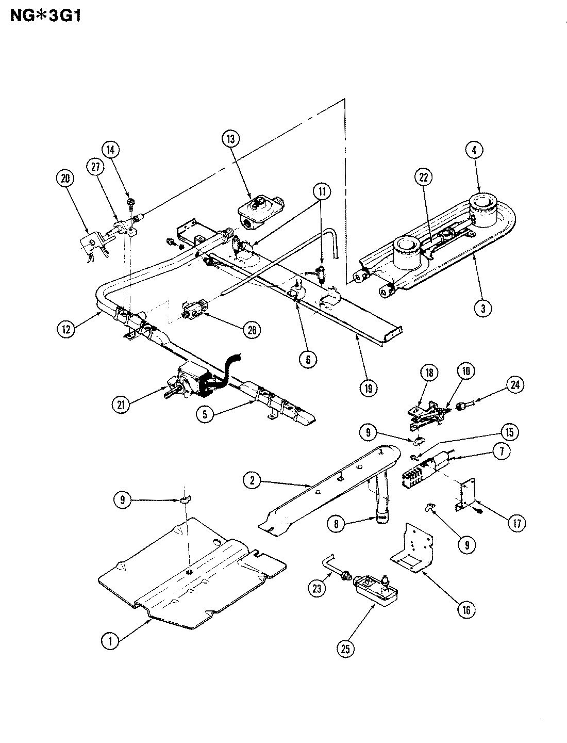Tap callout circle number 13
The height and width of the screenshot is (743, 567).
pyautogui.click(x=230, y=138)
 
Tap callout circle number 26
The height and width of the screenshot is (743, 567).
pyautogui.click(x=253, y=329)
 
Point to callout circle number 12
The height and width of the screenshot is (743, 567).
pyautogui.click(x=65, y=329)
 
